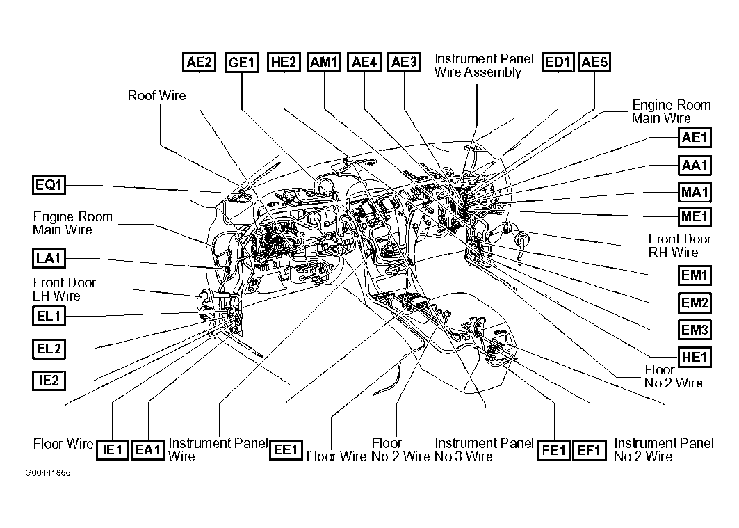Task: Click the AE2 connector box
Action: pyautogui.click(x=199, y=62)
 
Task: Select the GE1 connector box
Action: pyautogui.click(x=241, y=63)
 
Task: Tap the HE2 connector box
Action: pyautogui.click(x=283, y=62)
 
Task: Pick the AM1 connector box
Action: pyautogui.click(x=325, y=62)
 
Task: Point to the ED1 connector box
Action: pyautogui.click(x=558, y=62)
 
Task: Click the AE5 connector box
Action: pyautogui.click(x=595, y=62)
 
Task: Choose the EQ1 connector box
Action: pyautogui.click(x=49, y=185)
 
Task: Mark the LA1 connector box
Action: pyautogui.click(x=49, y=259)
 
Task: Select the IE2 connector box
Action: pyautogui.click(x=49, y=380)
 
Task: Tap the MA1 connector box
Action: pyautogui.click(x=695, y=191)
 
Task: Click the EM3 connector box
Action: pyautogui.click(x=695, y=330)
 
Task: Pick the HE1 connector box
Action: pyautogui.click(x=695, y=357)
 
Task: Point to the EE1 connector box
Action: pyautogui.click(x=286, y=449)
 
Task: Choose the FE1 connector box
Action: pyautogui.click(x=555, y=449)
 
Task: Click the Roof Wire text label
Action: pyautogui.click(x=156, y=95)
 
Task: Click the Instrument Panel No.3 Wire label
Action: pyautogui.click(x=484, y=449)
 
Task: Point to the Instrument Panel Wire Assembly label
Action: pyautogui.click(x=484, y=65)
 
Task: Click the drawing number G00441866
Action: pyautogui.click(x=48, y=473)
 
